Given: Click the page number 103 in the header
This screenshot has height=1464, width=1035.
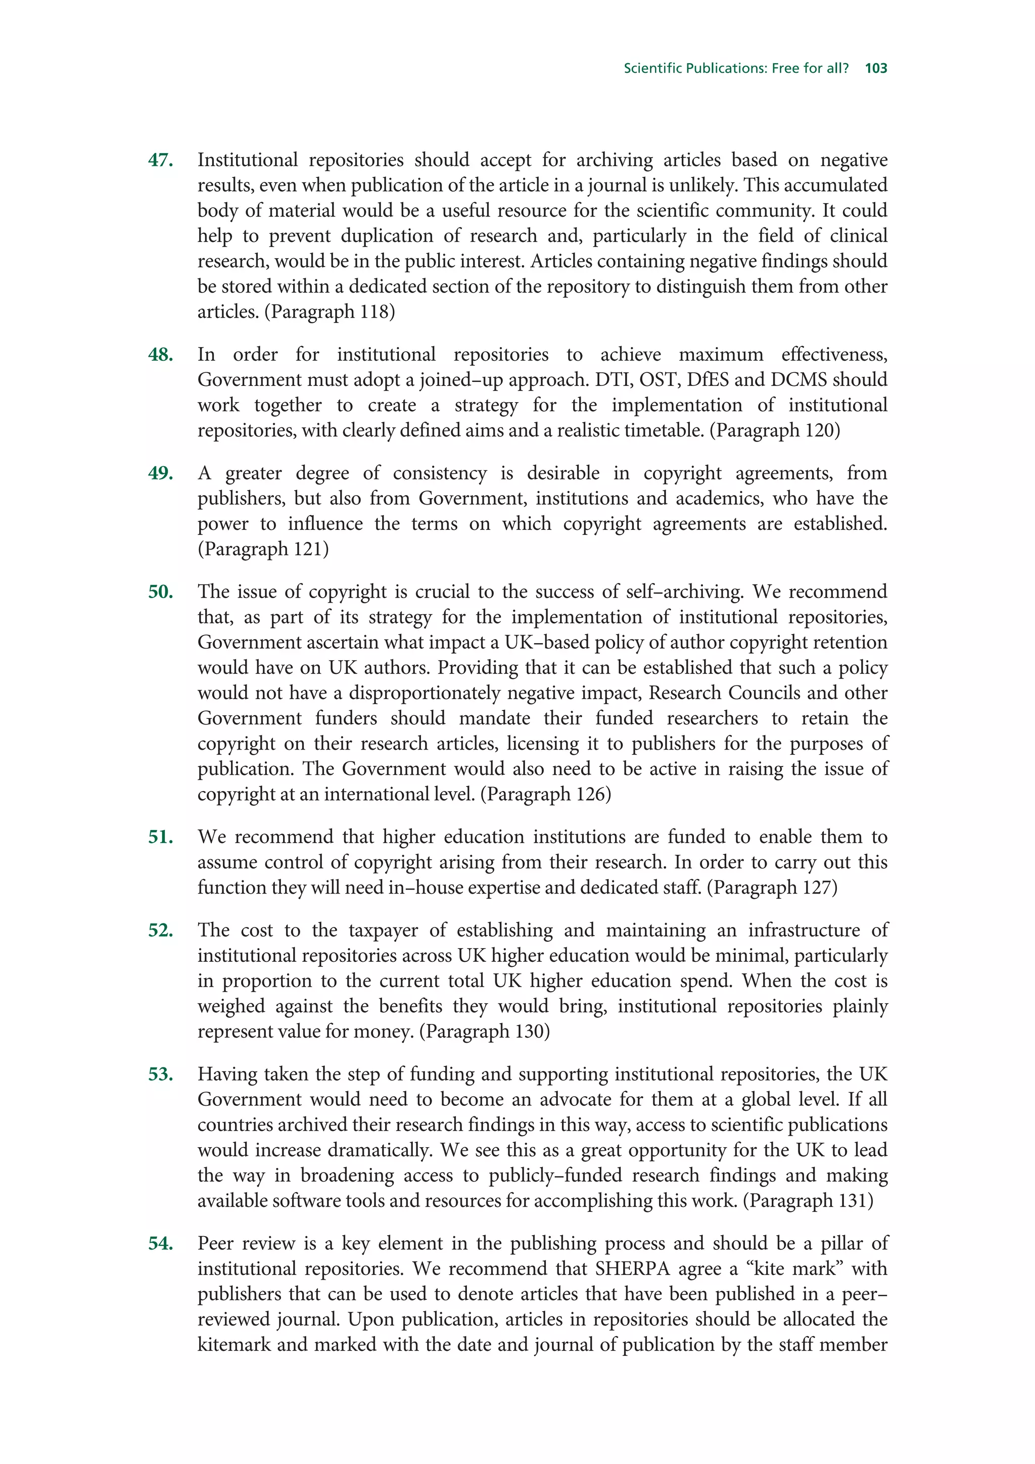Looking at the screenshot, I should (x=876, y=68).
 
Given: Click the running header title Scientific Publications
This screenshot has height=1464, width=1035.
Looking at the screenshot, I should (x=736, y=68).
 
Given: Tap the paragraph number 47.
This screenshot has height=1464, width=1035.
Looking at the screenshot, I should (x=161, y=160).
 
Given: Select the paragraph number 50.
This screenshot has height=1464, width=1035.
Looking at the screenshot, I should (x=161, y=592).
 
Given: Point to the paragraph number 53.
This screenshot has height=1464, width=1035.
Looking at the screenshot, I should (x=161, y=1075).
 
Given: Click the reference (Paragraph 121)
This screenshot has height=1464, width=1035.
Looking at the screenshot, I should (x=263, y=549).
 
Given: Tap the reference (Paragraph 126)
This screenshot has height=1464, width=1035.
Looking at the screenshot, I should (x=545, y=795).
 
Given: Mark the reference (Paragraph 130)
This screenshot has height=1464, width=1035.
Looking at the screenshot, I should (x=485, y=1032).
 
